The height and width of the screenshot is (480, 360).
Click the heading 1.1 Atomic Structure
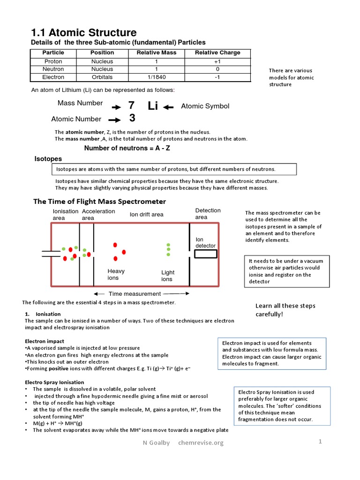click(x=84, y=32)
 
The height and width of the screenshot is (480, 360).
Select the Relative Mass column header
click(x=156, y=52)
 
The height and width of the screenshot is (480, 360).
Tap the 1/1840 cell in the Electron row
click(x=156, y=77)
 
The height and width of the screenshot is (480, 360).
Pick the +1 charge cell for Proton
click(x=217, y=61)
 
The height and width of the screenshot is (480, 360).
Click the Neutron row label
click(x=53, y=69)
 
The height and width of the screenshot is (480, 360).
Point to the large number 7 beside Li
click(x=131, y=106)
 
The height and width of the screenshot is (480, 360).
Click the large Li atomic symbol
click(x=153, y=106)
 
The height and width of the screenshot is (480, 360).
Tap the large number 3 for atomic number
click(x=132, y=119)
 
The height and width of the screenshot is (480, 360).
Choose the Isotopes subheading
click(x=48, y=159)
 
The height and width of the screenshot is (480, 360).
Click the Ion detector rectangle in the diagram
click(x=206, y=254)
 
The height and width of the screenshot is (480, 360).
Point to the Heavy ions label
click(x=116, y=274)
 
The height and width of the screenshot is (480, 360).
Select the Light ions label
click(x=167, y=276)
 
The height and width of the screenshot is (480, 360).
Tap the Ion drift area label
click(x=146, y=215)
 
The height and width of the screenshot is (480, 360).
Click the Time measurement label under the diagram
click(x=135, y=294)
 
